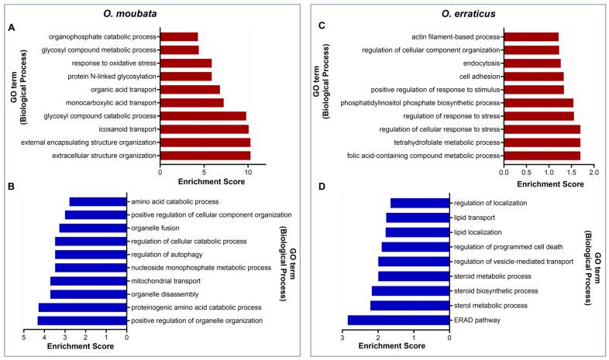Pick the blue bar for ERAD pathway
coord(398,320)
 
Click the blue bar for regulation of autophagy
coord(91,254)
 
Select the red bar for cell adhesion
coord(533,76)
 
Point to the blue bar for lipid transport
coord(418,218)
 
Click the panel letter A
coord(11,28)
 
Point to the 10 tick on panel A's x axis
coord(246,172)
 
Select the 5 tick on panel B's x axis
coord(24,337)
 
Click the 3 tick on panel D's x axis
coord(342,337)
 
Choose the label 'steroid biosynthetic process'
coord(496,290)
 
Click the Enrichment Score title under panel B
coord(75,347)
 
